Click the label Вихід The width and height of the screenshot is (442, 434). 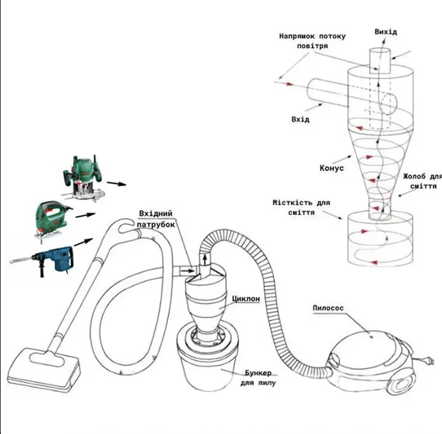[386, 32]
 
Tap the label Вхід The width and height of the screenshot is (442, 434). [300, 119]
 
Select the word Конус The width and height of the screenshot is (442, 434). [332, 168]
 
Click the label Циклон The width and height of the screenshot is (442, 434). [246, 298]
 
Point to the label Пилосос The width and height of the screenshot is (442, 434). [328, 308]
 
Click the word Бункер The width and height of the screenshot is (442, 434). [258, 373]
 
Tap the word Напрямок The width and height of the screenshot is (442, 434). [297, 36]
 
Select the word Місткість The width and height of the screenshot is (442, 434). [288, 203]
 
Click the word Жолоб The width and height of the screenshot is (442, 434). [414, 176]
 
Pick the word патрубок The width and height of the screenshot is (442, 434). [156, 224]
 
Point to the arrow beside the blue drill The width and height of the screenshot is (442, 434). [83, 242]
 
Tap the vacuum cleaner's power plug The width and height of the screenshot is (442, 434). [430, 361]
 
